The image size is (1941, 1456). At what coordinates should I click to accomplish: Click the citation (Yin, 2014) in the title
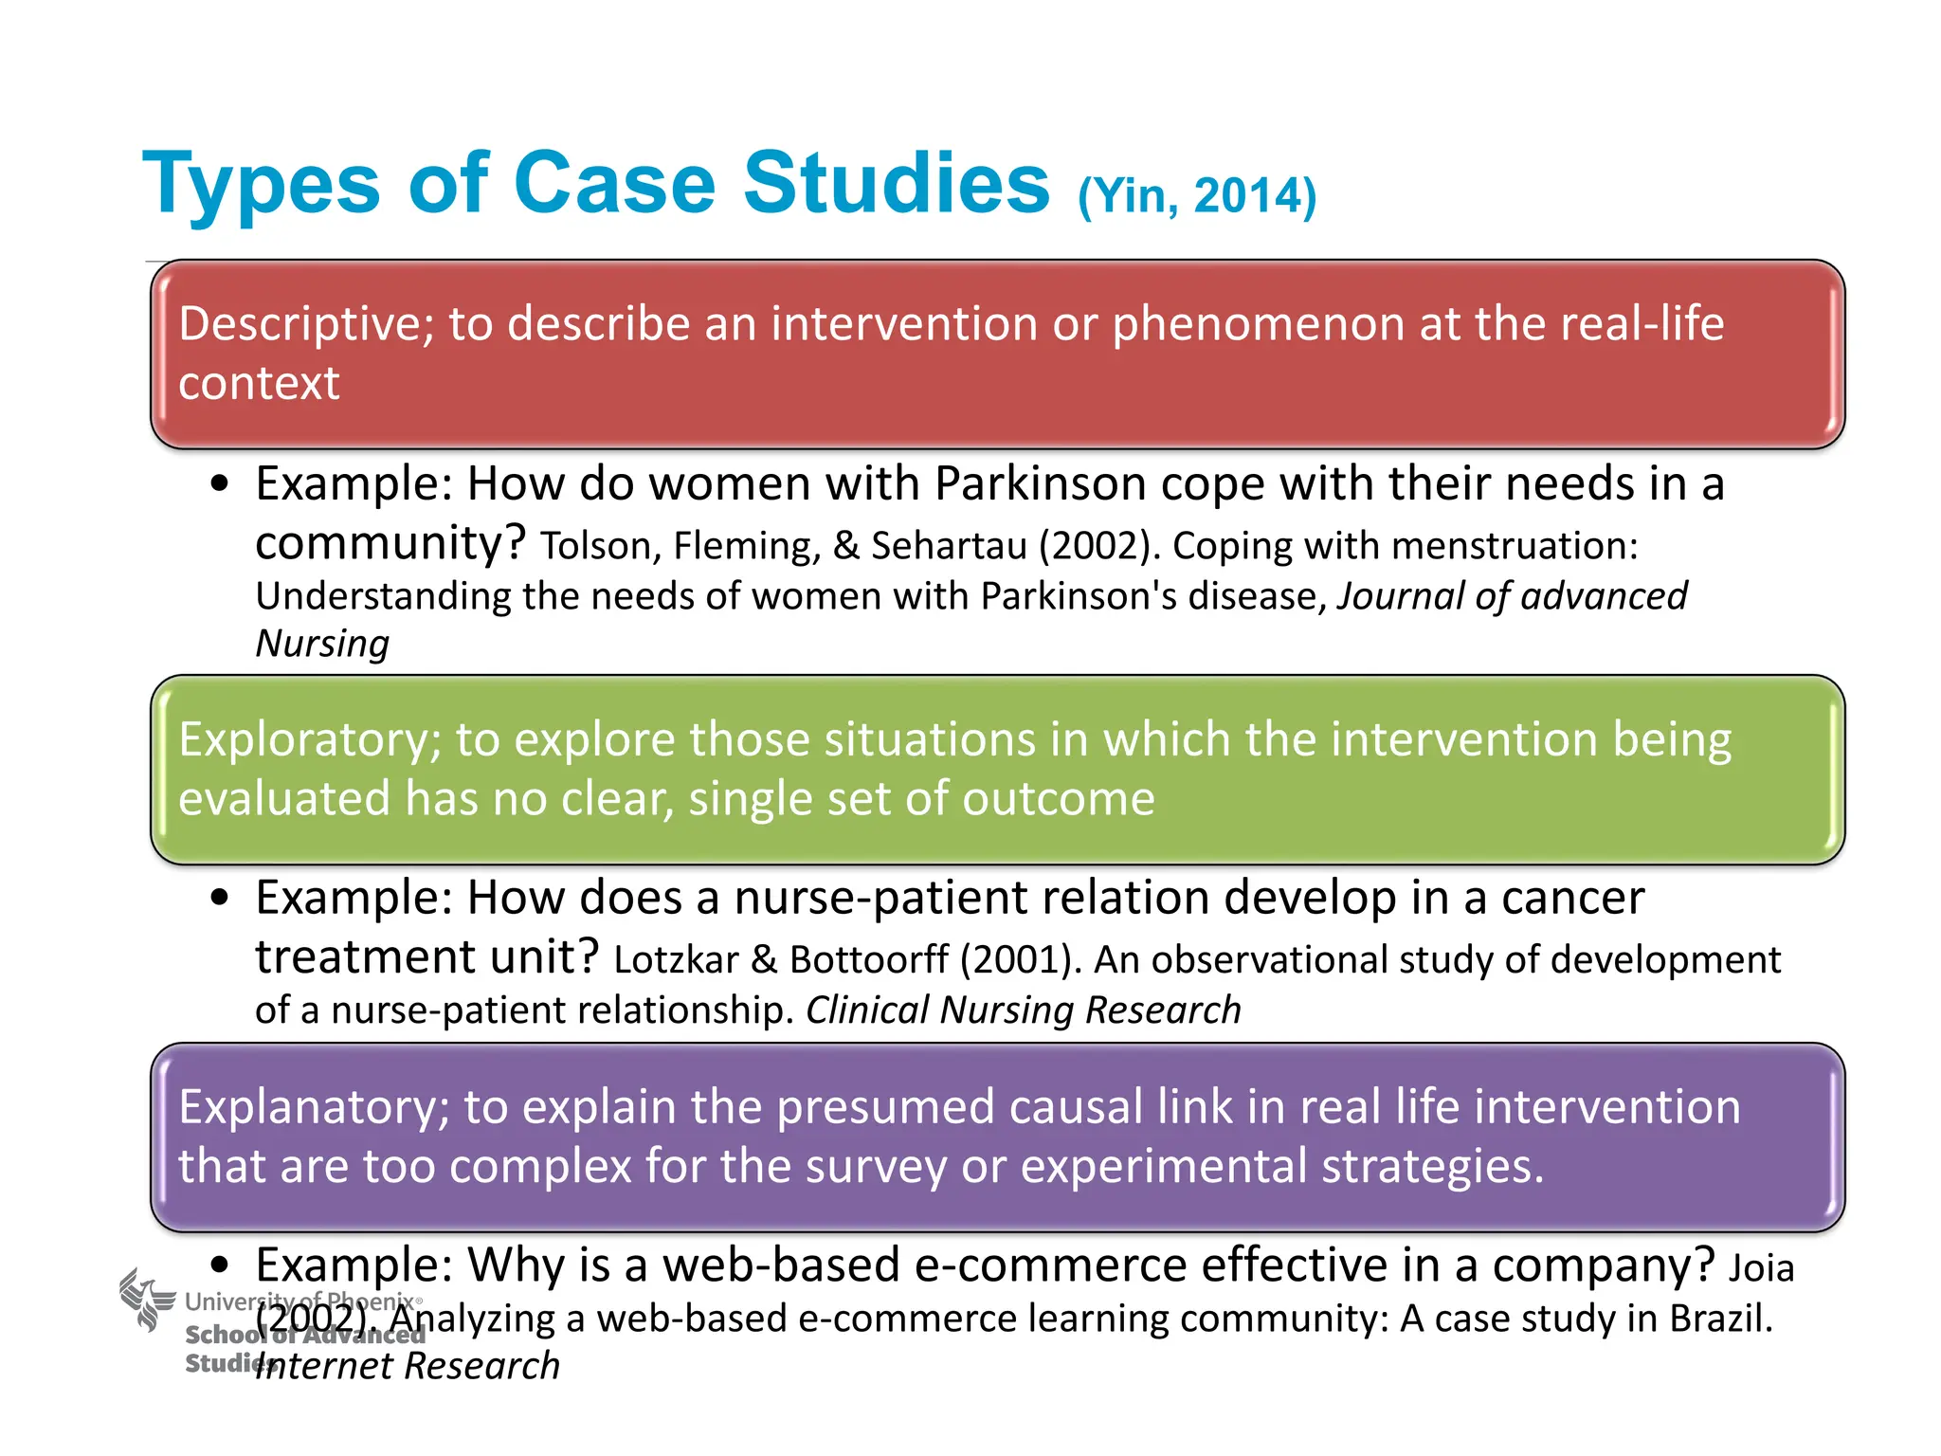[1196, 196]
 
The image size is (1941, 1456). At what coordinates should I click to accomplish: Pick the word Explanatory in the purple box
[313, 1107]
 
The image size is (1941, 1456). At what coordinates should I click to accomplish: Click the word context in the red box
[258, 384]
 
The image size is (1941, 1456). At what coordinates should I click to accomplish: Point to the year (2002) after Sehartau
[1099, 546]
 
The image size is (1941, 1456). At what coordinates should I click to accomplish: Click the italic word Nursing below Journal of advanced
[322, 644]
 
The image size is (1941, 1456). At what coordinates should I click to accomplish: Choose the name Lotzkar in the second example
[676, 960]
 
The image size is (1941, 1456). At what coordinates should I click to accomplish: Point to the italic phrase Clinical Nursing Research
[1023, 1010]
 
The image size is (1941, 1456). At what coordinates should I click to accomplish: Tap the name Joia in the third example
[1761, 1268]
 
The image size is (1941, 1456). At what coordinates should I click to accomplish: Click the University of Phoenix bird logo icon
[145, 1300]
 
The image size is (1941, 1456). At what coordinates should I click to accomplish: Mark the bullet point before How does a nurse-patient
[221, 898]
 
